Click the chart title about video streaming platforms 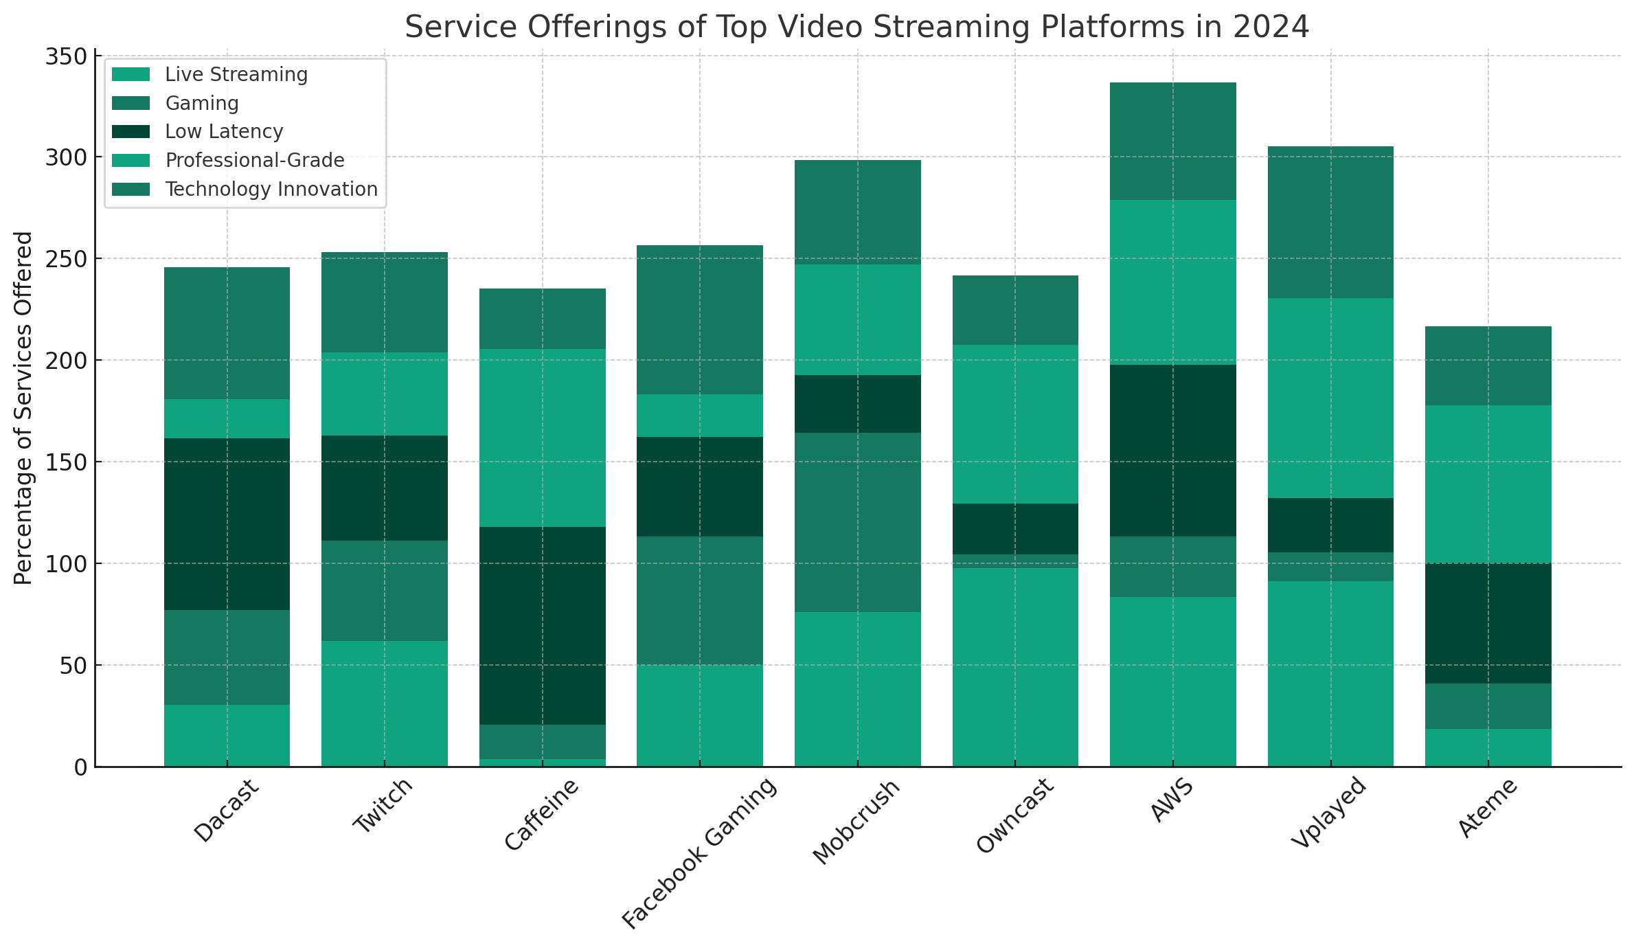(856, 27)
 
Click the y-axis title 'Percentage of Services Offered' (23, 408)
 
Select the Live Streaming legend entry (236, 74)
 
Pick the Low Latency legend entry (224, 131)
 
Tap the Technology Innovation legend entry (271, 189)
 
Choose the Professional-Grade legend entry (255, 160)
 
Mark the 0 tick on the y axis (80, 767)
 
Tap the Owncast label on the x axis (1015, 816)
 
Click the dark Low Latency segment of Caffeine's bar (543, 626)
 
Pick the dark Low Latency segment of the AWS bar (1173, 451)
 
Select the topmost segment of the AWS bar (1173, 142)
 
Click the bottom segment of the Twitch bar (385, 703)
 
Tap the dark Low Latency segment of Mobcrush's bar (858, 404)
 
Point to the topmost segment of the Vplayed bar (1330, 222)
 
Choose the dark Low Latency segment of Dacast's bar (227, 524)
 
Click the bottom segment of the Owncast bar (1015, 667)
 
